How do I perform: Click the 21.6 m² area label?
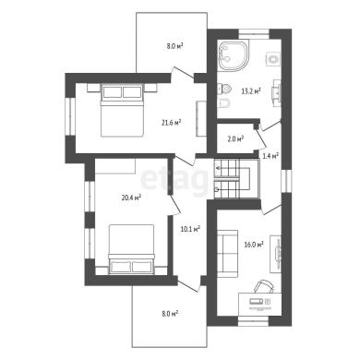pyautogui.click(x=171, y=123)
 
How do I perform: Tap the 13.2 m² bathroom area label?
pyautogui.click(x=251, y=91)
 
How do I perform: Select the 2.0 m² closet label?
pyautogui.click(x=235, y=138)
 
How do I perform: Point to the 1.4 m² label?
pyautogui.click(x=270, y=156)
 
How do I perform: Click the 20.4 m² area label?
pyautogui.click(x=131, y=198)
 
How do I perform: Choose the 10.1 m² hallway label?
pyautogui.click(x=191, y=229)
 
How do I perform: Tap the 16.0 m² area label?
pyautogui.click(x=254, y=245)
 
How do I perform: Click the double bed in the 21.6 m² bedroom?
pyautogui.click(x=123, y=111)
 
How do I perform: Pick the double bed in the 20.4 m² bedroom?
pyautogui.click(x=131, y=249)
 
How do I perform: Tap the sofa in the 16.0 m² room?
pyautogui.click(x=227, y=251)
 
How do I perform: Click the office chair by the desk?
pyautogui.click(x=263, y=287)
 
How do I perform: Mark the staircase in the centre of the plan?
pyautogui.click(x=237, y=179)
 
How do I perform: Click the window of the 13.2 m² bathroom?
pyautogui.click(x=254, y=34)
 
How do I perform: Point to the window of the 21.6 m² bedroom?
pyautogui.click(x=70, y=116)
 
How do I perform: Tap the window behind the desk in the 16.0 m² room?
pyautogui.click(x=254, y=321)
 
